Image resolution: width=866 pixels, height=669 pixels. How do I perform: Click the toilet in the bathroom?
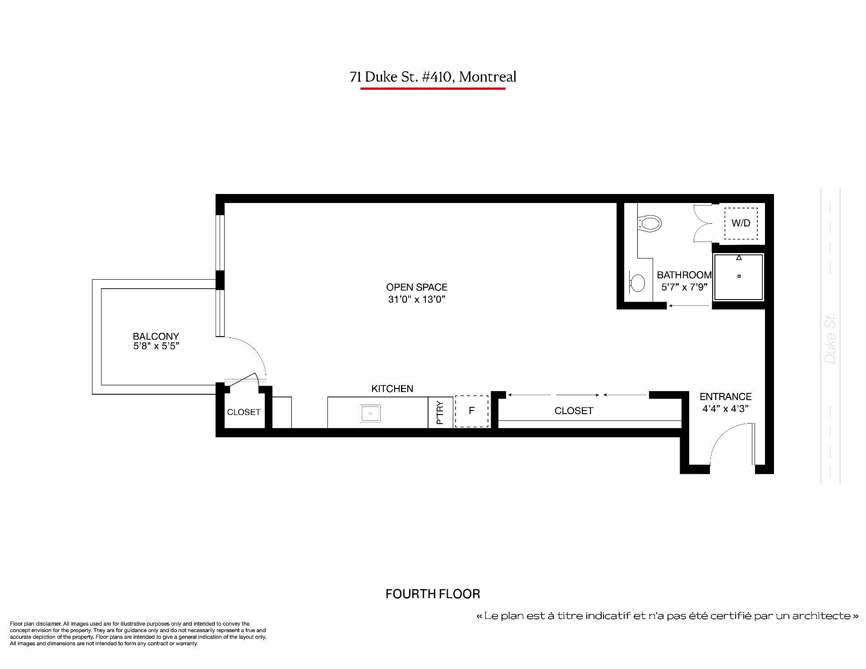pyautogui.click(x=649, y=223)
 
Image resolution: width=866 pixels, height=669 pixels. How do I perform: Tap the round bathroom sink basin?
pyautogui.click(x=638, y=283)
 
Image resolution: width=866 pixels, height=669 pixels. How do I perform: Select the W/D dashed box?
pyautogui.click(x=741, y=223)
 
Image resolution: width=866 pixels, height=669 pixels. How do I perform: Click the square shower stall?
pyautogui.click(x=738, y=277)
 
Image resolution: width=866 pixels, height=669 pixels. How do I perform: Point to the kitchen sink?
pyautogui.click(x=370, y=413)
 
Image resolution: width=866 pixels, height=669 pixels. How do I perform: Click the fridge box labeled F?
pyautogui.click(x=472, y=411)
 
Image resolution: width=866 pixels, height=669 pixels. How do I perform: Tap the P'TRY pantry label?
pyautogui.click(x=440, y=412)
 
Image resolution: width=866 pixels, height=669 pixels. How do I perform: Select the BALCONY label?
pyautogui.click(x=156, y=336)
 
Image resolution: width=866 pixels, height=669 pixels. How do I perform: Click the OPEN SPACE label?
pyautogui.click(x=417, y=287)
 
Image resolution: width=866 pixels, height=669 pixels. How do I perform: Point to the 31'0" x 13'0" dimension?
pyautogui.click(x=417, y=299)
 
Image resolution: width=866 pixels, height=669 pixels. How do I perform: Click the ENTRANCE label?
pyautogui.click(x=726, y=397)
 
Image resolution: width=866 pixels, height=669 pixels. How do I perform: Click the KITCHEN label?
pyautogui.click(x=392, y=388)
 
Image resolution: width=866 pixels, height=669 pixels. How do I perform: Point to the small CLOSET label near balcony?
pyautogui.click(x=244, y=412)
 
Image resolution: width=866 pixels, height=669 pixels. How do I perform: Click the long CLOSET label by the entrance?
pyautogui.click(x=574, y=411)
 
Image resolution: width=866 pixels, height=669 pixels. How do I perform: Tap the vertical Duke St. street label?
pyautogui.click(x=830, y=338)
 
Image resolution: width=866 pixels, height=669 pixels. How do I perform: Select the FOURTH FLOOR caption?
pyautogui.click(x=433, y=594)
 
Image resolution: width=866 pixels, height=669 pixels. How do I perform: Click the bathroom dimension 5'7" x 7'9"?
pyautogui.click(x=684, y=287)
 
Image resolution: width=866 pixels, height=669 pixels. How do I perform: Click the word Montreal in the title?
pyautogui.click(x=488, y=77)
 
